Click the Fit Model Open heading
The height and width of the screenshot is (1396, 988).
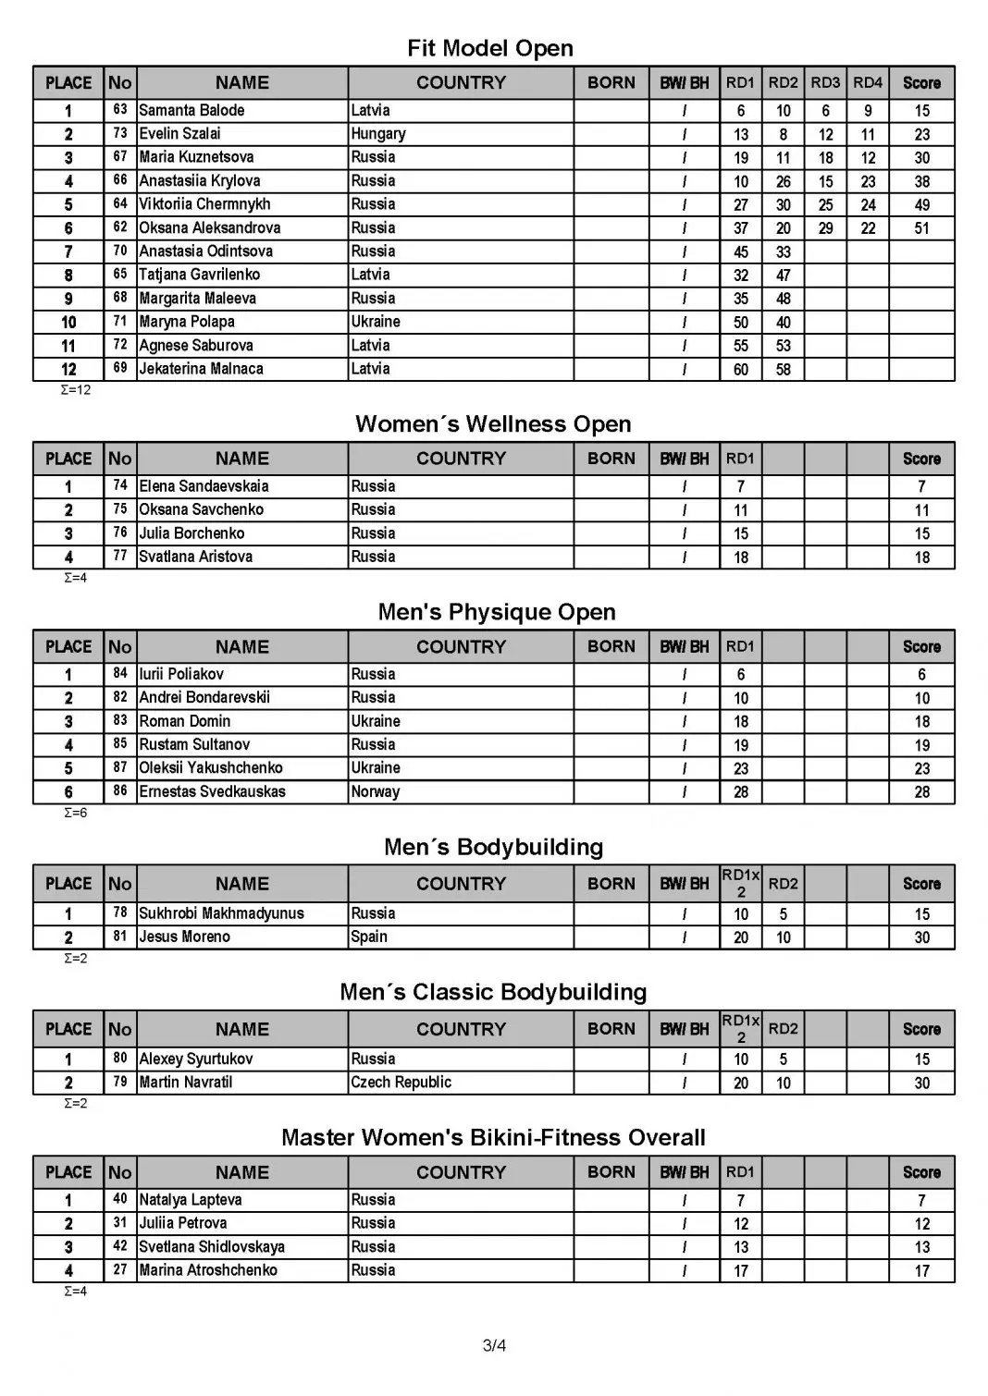tap(490, 48)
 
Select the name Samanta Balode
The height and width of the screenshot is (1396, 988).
tap(191, 110)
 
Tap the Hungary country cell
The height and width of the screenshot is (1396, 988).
tap(377, 133)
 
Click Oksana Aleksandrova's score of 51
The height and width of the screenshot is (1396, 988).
tap(921, 228)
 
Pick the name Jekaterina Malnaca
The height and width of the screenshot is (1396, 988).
tap(201, 369)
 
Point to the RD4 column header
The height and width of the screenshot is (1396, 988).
tap(868, 82)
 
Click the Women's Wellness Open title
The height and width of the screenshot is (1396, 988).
tap(493, 424)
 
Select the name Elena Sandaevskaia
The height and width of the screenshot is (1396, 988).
tap(204, 486)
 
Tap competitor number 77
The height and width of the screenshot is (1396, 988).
tap(120, 557)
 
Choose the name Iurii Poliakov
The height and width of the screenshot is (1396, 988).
tap(181, 674)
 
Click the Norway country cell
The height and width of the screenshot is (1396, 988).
tap(375, 791)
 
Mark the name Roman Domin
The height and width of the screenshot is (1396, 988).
tap(184, 721)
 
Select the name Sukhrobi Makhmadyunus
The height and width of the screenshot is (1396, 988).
tap(221, 913)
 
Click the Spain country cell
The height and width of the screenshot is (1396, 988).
tap(369, 937)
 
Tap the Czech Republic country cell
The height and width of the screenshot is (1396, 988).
tap(401, 1082)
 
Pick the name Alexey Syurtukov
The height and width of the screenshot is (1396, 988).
tap(195, 1059)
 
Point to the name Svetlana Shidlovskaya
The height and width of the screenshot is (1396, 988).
tap(212, 1246)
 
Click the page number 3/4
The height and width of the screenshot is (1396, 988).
tap(494, 1345)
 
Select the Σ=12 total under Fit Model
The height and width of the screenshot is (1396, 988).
tap(76, 390)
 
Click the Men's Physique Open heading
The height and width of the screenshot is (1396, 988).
tap(497, 612)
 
